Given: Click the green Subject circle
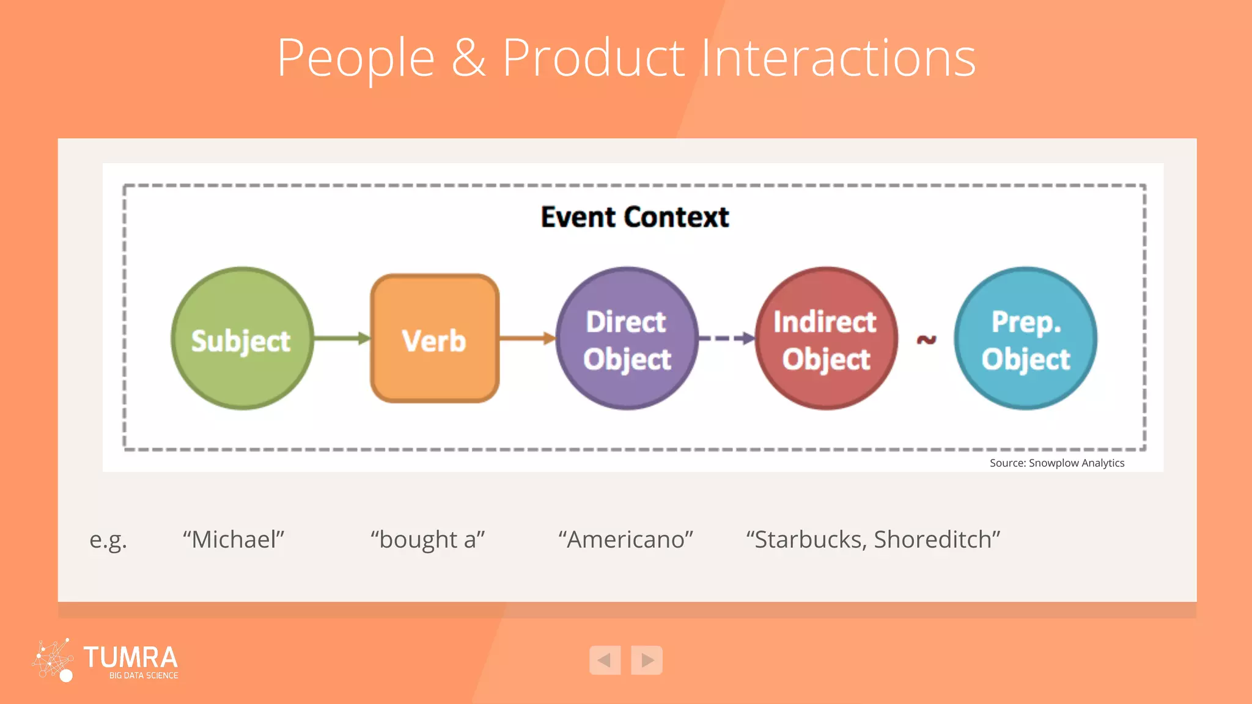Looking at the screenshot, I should tap(242, 339).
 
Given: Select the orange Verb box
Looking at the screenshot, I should tap(435, 339).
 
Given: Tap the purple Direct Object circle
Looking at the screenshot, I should tap(627, 339).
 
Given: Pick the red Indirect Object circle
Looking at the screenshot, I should tap(826, 339).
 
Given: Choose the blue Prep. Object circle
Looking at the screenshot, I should tap(1025, 339).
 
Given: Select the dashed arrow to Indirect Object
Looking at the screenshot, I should tap(726, 339).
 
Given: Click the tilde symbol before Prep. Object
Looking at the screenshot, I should tap(926, 339).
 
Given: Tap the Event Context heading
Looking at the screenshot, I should tap(635, 217).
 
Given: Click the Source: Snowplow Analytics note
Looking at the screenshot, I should tap(1056, 463).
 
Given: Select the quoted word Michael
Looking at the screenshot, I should tap(234, 540).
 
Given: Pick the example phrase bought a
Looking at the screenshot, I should tap(427, 540).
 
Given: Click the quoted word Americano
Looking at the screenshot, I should tap(625, 540).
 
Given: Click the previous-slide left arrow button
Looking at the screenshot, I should tap(605, 660).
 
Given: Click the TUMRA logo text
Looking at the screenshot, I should tap(130, 658).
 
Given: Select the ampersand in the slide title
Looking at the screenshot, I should tap(468, 58).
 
